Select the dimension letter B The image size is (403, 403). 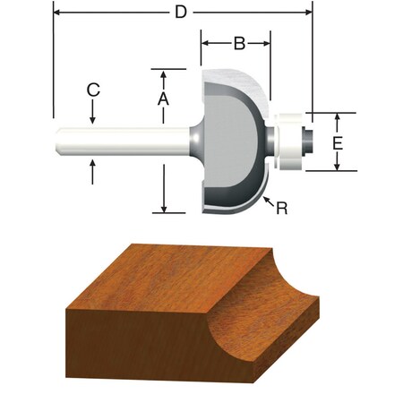238,42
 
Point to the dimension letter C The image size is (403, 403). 93,90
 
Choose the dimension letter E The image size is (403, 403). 337,142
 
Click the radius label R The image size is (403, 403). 281,208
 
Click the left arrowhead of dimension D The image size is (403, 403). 57,13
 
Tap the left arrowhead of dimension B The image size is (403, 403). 205,42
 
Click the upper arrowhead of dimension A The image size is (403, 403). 163,73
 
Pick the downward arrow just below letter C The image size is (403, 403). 93,119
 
